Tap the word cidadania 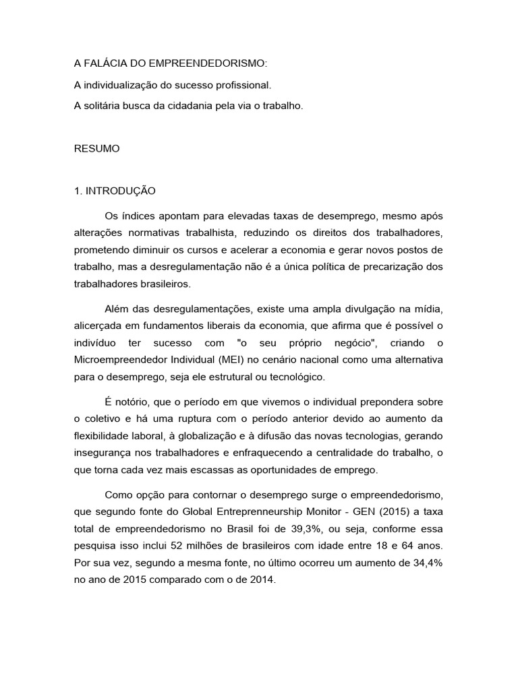pos(200,106)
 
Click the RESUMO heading pos(96,149)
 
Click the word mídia pos(429,309)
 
